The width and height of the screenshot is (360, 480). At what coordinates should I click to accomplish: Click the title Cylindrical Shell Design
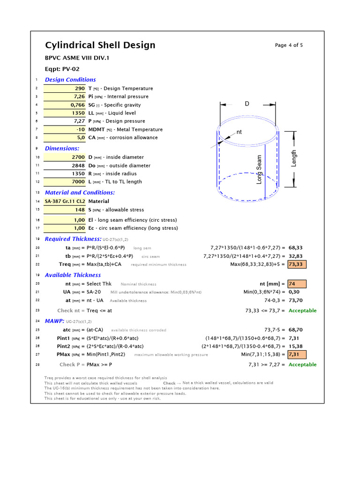point(100,45)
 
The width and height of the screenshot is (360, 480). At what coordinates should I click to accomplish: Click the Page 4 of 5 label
point(289,45)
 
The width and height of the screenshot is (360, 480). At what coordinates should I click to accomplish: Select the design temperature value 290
point(80,89)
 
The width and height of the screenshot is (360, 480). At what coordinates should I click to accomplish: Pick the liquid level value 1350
point(78,113)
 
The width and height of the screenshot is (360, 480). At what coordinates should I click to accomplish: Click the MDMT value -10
point(80,129)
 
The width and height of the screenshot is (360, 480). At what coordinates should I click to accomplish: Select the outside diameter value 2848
point(78,165)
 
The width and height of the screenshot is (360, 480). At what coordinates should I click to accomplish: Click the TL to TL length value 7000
point(78,182)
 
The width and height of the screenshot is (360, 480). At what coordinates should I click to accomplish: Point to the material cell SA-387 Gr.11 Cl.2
point(65,201)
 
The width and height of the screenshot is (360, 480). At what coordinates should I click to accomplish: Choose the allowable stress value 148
point(80,210)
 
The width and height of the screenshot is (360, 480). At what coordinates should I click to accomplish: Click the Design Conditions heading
point(70,80)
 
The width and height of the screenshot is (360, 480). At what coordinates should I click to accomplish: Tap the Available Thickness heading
point(73,275)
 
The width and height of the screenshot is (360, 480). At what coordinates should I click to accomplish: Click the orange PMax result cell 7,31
point(294,354)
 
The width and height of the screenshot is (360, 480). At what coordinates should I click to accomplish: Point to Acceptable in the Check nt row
point(302,311)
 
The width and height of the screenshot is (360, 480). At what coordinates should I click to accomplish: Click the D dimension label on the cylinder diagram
point(247,104)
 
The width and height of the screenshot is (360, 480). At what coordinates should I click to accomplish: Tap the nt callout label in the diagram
point(239,132)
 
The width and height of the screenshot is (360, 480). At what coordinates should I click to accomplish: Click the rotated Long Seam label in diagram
point(259,170)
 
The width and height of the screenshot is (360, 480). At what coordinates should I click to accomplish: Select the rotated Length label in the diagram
point(294,158)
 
